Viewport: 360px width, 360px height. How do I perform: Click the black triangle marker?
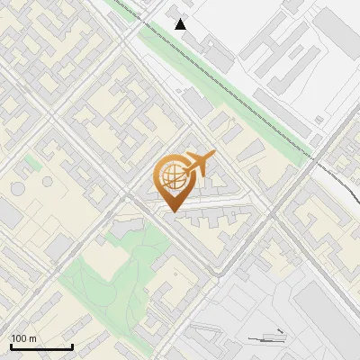181,24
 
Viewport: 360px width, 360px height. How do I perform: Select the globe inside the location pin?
171,175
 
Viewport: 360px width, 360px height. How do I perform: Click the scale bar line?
40,347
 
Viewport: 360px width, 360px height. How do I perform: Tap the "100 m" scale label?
24,338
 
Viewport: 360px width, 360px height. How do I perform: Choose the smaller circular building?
47,182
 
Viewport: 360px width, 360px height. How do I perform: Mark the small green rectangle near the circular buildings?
32,162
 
